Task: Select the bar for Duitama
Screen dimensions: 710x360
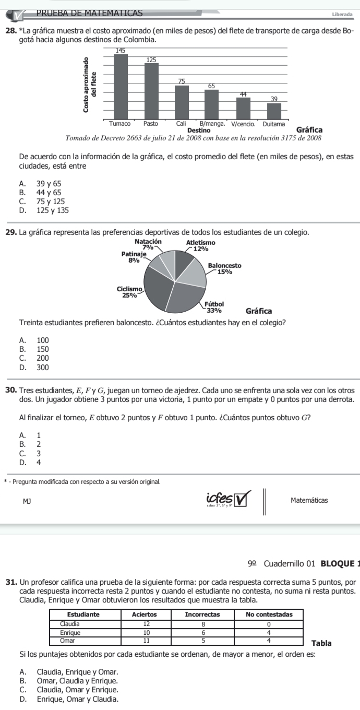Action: (x=274, y=111)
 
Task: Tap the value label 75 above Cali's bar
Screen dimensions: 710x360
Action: (x=182, y=81)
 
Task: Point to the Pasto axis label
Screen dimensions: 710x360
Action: (x=151, y=124)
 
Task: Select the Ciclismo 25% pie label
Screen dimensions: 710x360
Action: (x=127, y=292)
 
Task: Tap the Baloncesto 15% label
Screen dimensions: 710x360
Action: (x=224, y=268)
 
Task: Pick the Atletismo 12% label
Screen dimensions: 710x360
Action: (x=201, y=246)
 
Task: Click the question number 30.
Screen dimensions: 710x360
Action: (x=10, y=391)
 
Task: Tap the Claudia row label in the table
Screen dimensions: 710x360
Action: (x=70, y=623)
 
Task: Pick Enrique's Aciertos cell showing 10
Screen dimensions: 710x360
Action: (x=147, y=631)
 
